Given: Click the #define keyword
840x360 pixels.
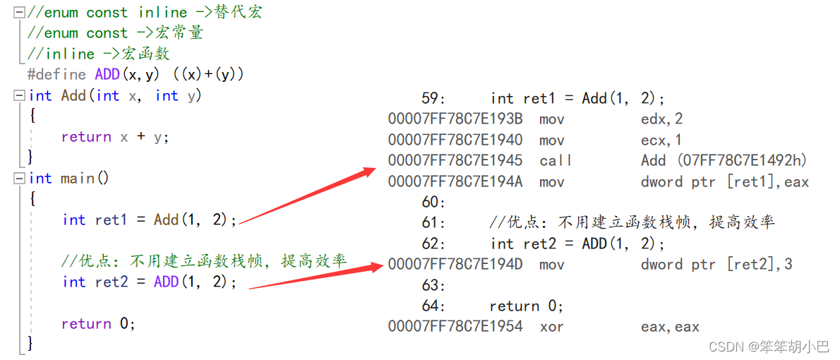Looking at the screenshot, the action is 56,74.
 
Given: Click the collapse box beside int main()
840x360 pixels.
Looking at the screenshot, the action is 19,179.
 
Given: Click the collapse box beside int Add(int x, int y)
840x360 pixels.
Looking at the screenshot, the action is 19,95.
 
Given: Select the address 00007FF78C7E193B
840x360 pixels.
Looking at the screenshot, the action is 455,119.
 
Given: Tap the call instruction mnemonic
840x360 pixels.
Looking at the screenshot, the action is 556,161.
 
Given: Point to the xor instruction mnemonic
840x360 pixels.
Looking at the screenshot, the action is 552,327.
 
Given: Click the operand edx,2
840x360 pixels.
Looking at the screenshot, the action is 661,119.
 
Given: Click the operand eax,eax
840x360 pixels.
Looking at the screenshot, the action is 670,327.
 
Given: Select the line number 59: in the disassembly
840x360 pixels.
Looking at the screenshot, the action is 433,99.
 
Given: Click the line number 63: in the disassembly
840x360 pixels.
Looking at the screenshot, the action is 433,286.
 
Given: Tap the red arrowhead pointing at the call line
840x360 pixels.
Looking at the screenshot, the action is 368,172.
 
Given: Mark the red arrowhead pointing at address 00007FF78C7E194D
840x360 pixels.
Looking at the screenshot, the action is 376,266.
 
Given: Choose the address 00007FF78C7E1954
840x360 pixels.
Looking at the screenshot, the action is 455,327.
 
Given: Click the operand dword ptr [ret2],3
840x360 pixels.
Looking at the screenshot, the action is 716,265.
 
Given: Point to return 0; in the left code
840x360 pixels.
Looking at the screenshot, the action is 97,324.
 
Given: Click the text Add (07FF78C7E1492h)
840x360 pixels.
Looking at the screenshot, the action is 724,161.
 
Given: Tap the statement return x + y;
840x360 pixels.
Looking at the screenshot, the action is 115,137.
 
